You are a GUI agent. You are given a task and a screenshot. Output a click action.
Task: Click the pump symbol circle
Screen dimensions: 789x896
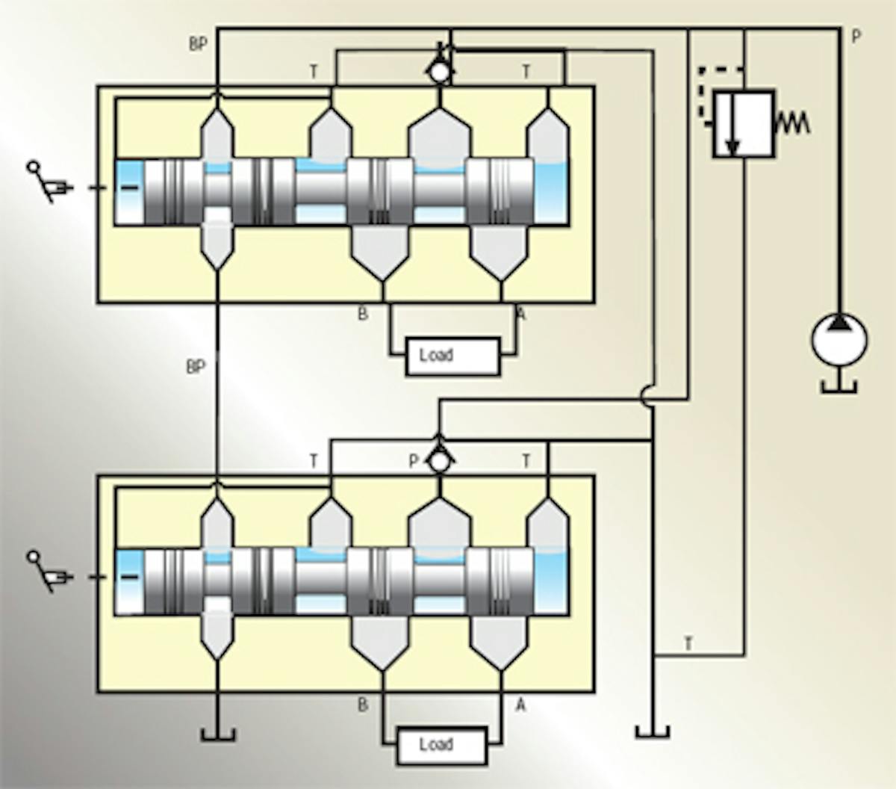(839, 340)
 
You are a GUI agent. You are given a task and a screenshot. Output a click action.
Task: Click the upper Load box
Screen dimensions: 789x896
(452, 356)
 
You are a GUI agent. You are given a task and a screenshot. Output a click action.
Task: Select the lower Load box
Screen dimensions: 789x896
(442, 745)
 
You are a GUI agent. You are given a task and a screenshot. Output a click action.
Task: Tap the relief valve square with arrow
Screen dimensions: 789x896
(743, 123)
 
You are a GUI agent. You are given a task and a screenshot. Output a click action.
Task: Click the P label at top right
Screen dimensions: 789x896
(856, 36)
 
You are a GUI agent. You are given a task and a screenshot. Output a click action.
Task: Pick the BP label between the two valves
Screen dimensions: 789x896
(196, 367)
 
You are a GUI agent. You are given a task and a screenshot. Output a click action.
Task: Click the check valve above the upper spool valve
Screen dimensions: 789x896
(440, 71)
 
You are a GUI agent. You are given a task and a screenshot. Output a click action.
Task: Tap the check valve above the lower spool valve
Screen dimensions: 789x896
(440, 460)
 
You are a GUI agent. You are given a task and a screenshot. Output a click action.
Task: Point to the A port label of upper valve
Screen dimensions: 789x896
(520, 315)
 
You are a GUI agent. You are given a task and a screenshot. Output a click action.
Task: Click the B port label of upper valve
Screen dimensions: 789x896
(363, 315)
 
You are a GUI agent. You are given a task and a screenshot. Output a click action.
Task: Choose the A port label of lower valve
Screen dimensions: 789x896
(520, 705)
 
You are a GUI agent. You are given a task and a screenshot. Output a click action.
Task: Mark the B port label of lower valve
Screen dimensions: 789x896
(363, 705)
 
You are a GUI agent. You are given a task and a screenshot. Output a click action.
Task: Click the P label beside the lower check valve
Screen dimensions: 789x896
(414, 462)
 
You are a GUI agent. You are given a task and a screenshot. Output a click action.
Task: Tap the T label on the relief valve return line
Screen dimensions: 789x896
(688, 643)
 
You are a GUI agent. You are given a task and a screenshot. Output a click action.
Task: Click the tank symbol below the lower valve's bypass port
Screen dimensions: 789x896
(217, 734)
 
